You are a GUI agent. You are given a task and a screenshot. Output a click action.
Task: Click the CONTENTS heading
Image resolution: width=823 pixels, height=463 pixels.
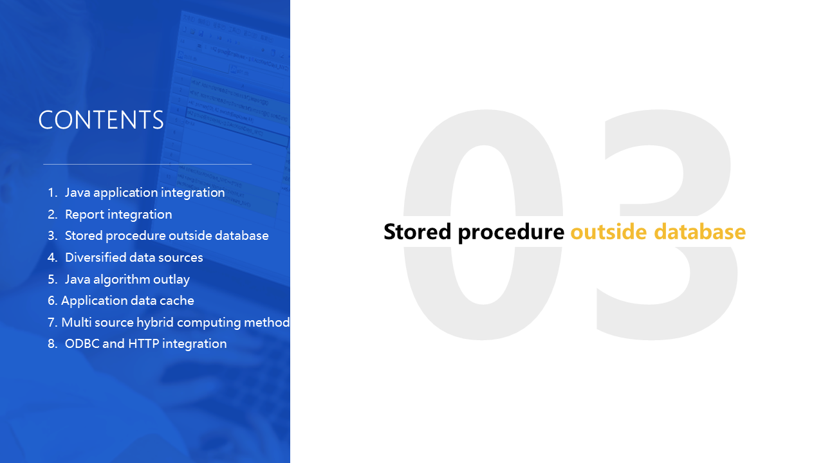click(x=101, y=120)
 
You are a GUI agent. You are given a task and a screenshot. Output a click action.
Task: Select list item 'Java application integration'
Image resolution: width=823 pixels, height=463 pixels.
click(x=145, y=193)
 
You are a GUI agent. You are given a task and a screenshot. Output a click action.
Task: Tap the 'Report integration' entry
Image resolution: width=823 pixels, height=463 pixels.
click(x=118, y=214)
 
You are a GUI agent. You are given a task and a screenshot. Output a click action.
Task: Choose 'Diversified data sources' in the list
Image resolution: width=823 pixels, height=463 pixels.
click(x=134, y=257)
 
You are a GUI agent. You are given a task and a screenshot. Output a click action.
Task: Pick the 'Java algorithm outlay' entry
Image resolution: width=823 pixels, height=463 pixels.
click(x=127, y=280)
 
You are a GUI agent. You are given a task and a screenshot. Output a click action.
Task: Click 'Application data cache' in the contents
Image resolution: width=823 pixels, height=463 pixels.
click(x=127, y=301)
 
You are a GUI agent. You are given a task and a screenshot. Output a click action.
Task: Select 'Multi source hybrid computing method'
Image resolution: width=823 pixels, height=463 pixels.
click(x=175, y=322)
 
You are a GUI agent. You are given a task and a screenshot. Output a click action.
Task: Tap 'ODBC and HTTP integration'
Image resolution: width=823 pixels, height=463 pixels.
click(x=145, y=343)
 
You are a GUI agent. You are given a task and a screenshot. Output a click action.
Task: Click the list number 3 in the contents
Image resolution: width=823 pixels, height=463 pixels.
click(x=52, y=236)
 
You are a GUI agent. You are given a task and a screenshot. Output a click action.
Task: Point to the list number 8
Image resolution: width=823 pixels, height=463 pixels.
click(x=52, y=343)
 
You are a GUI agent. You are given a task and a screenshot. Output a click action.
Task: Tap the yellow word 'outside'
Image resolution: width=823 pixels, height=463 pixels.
click(x=609, y=232)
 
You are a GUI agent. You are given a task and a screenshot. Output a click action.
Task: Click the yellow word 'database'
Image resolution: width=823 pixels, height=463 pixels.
click(x=700, y=232)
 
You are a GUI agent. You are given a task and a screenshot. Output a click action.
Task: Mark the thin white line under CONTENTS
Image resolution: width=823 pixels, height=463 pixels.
click(x=147, y=164)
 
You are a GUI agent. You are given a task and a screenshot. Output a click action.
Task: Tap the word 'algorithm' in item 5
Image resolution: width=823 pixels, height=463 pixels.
click(x=122, y=280)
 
